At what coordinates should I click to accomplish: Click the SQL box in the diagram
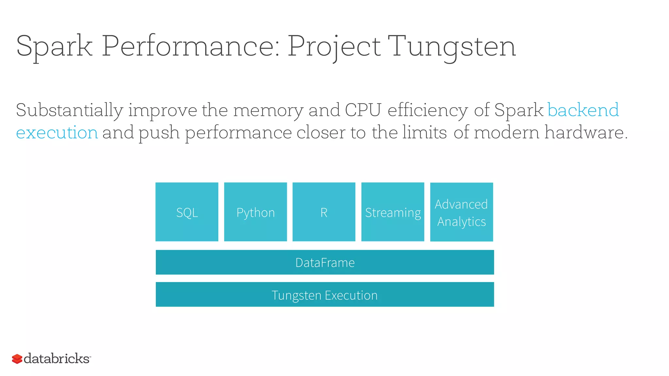click(187, 212)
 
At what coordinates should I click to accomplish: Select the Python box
click(255, 212)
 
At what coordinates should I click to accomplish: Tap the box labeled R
click(324, 212)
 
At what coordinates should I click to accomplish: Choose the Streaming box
click(393, 212)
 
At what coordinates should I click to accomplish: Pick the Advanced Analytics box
click(461, 212)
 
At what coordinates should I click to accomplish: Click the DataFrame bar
click(325, 262)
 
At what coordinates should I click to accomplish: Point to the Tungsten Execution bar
click(325, 295)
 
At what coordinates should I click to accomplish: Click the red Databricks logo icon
click(17, 359)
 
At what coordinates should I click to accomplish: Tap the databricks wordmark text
click(57, 358)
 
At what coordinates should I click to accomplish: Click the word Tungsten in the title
click(452, 46)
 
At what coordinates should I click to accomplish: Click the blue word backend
click(583, 110)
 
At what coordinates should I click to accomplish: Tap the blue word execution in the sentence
click(57, 133)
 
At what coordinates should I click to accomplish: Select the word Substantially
click(70, 110)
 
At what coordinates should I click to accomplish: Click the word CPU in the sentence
click(363, 110)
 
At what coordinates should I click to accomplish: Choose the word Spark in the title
click(54, 47)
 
